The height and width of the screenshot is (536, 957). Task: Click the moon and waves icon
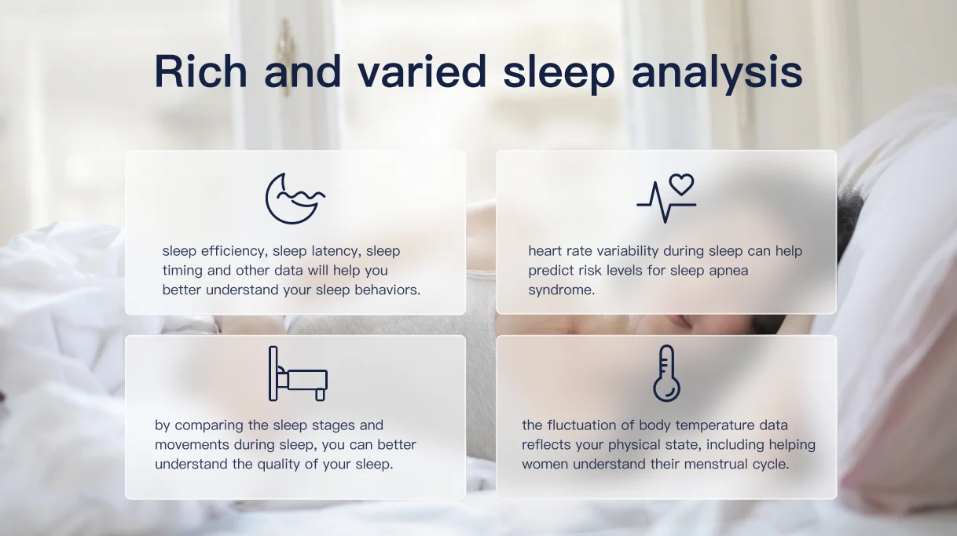pyautogui.click(x=295, y=199)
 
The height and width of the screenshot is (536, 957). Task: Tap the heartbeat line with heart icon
pyautogui.click(x=665, y=199)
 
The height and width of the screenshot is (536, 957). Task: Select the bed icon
pyautogui.click(x=298, y=374)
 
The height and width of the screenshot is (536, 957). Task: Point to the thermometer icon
pyautogui.click(x=666, y=374)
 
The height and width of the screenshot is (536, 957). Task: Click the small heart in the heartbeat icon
pyautogui.click(x=681, y=184)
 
